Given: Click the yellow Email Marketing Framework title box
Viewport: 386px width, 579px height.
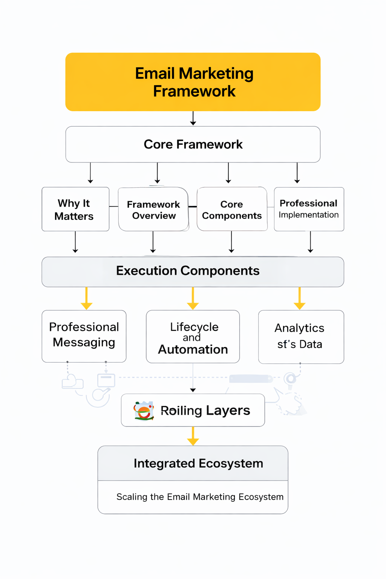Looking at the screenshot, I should (193, 82).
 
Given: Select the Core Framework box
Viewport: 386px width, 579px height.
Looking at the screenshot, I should (193, 144).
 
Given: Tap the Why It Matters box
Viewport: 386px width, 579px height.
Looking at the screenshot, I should (75, 209).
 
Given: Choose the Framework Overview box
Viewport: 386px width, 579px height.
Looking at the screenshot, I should (153, 210).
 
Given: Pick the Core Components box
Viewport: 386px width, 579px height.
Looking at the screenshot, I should (232, 210).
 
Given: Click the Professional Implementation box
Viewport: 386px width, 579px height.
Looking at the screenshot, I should (309, 209).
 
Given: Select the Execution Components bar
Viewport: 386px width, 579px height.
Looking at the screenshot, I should (193, 271).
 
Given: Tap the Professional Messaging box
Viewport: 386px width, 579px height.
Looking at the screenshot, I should (84, 336).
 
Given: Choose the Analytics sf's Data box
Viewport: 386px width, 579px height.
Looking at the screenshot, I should (301, 337).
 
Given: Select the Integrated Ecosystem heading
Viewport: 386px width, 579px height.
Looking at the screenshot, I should (198, 463).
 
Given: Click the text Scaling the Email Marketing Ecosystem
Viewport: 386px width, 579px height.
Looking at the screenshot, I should (200, 497).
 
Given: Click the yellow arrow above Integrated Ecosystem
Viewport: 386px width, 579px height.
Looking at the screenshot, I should (193, 436).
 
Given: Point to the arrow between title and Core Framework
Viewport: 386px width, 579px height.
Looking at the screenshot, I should (193, 118).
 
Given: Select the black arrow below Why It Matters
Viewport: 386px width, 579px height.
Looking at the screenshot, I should (75, 242).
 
